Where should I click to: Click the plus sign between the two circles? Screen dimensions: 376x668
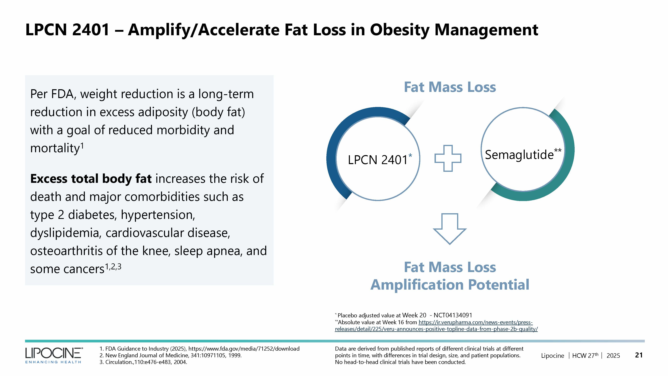(x=448, y=158)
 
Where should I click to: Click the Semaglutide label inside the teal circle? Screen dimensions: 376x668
(x=519, y=155)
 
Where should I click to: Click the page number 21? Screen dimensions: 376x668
(x=639, y=355)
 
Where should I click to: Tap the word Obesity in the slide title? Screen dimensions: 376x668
(x=399, y=30)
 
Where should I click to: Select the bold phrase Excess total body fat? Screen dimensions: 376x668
(x=91, y=179)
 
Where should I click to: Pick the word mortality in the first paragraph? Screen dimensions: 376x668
(x=55, y=148)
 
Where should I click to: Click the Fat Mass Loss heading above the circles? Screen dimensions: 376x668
(x=450, y=87)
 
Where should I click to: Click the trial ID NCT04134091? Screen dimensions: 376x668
(x=453, y=315)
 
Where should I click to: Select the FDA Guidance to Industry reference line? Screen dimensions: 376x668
(x=199, y=348)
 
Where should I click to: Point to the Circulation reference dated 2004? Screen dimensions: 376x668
(x=143, y=362)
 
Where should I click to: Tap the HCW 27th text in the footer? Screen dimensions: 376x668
(x=585, y=355)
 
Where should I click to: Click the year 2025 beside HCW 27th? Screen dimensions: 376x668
(x=613, y=355)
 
